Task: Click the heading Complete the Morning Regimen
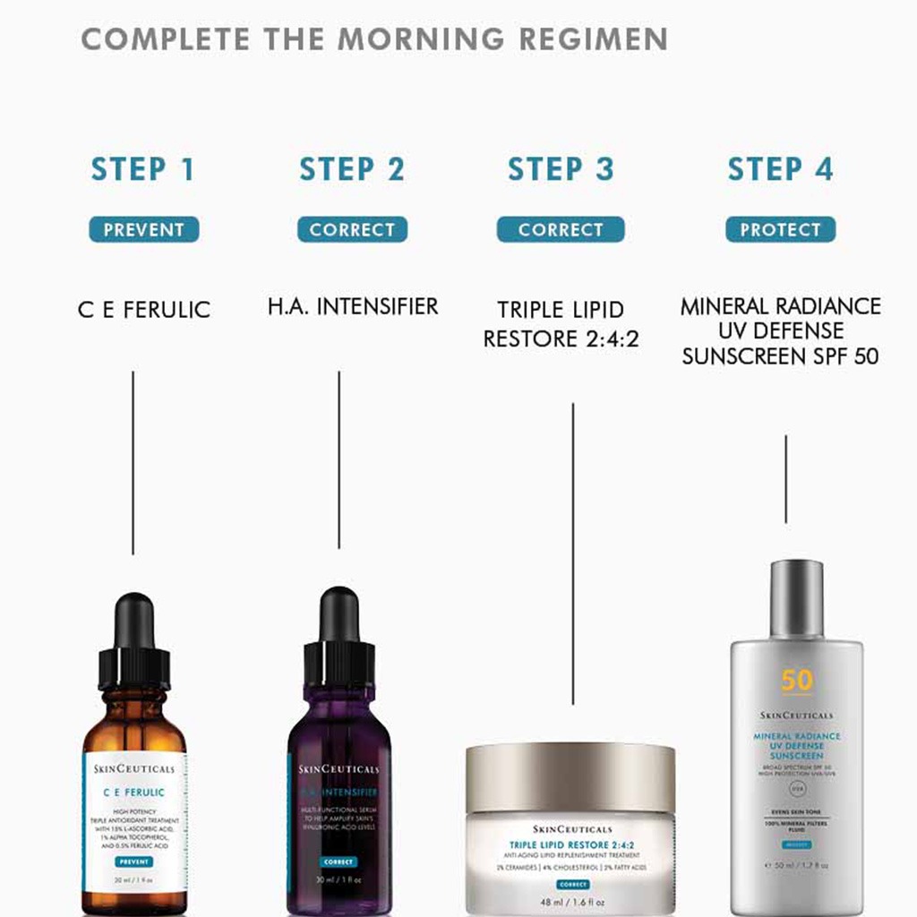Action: click(374, 39)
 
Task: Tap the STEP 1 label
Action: click(143, 169)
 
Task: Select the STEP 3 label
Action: click(561, 169)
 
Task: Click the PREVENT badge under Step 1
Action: click(143, 230)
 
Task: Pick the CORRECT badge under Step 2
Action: click(352, 230)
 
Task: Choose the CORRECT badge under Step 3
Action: click(561, 230)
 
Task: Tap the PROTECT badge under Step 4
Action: click(780, 230)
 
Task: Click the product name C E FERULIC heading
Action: click(143, 310)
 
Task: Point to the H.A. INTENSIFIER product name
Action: click(353, 306)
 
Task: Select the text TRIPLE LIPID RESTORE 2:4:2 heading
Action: click(561, 324)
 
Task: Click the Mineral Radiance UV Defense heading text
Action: click(780, 330)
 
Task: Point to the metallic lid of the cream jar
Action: click(570, 766)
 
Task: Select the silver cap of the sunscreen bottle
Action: click(796, 598)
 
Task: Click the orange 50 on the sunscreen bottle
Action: click(796, 681)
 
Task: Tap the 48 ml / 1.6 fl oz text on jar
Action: click(571, 902)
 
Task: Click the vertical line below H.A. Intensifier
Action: click(339, 459)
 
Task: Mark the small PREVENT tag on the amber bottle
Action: click(134, 861)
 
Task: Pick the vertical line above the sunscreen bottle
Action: click(785, 478)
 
